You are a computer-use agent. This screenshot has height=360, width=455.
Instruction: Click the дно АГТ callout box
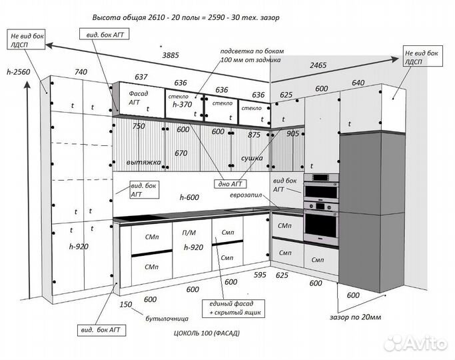coord(228,183)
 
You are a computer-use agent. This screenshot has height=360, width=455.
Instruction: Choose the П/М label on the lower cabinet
coord(188,233)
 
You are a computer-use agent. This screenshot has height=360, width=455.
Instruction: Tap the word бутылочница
coord(167,319)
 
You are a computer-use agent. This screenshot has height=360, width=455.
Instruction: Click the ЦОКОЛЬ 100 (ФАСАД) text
coord(206,331)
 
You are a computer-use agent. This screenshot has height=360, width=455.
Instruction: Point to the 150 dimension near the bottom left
coord(126,305)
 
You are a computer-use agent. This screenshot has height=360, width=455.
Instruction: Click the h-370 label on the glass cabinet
coord(181,105)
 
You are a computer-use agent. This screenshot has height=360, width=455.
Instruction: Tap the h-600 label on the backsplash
coord(190,197)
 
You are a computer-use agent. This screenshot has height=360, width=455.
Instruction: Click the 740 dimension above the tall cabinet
coord(81,72)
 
